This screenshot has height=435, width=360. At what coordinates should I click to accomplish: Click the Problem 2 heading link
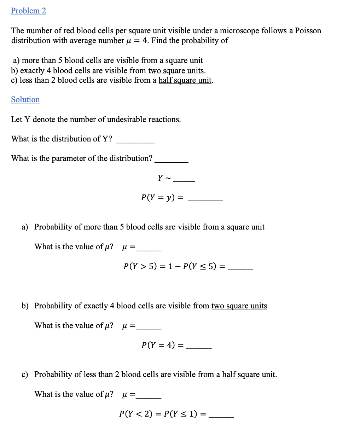28,11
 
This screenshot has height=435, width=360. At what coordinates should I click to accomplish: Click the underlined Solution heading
25,100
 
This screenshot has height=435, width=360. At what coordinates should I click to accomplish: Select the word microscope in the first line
239,31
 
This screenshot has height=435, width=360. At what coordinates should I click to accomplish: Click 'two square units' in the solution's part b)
239,306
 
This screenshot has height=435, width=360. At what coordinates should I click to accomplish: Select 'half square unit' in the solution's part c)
249,375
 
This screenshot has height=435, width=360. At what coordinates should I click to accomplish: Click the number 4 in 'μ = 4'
145,41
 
